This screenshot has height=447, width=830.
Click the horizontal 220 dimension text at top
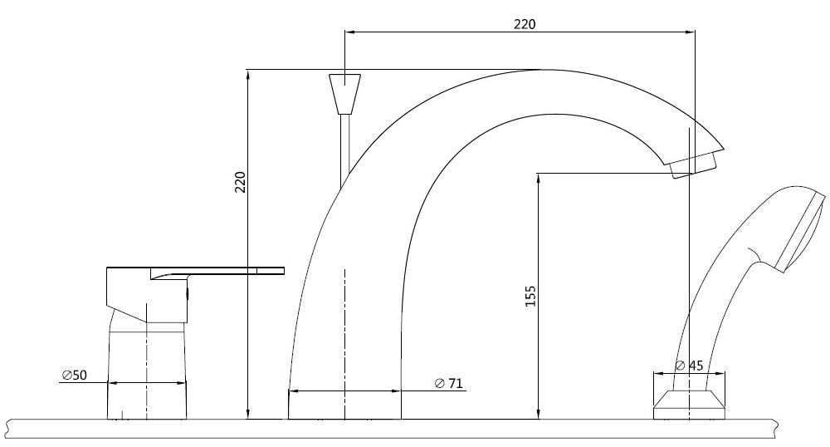point(524,24)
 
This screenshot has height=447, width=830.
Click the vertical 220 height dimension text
point(240,183)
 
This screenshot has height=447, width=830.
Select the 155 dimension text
point(530,297)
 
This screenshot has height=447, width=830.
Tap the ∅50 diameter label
point(74,376)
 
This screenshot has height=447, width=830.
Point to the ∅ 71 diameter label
point(448,383)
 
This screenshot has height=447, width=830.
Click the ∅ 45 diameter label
point(690,366)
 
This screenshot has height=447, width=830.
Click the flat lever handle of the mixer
point(224,270)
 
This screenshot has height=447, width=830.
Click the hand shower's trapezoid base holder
point(691,406)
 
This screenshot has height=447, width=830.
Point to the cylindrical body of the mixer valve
point(147,374)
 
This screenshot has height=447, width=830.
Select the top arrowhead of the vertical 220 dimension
point(248,74)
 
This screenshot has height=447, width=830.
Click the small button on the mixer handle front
point(188,292)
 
